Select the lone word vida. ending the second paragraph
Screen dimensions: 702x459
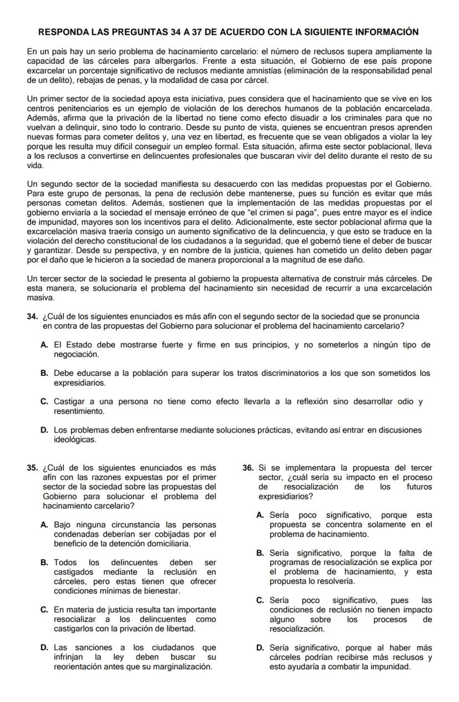coord(35,166)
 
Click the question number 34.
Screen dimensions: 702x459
coord(32,317)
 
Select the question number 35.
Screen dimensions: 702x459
coord(32,467)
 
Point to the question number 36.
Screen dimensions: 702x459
coord(248,467)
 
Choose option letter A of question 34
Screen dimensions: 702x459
coord(44,345)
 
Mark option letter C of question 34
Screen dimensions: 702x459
coord(44,402)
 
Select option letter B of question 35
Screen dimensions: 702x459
coord(44,563)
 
